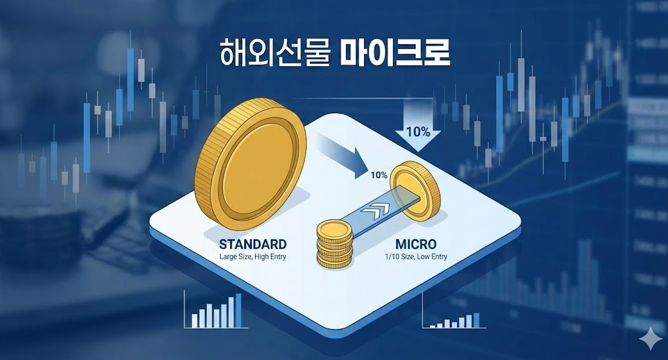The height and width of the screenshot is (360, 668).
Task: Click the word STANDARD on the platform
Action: [x=252, y=244]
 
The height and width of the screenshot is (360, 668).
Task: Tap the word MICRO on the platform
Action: [x=416, y=244]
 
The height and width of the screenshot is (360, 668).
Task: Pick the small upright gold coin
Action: [x=415, y=191]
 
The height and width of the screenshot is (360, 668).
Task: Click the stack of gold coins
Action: [x=335, y=244]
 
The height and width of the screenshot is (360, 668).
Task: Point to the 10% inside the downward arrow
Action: [x=418, y=132]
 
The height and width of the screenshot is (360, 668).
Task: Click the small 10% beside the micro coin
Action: [x=379, y=175]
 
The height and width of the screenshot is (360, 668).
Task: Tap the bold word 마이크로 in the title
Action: [x=395, y=52]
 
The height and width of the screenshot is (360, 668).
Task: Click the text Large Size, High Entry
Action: [x=252, y=257]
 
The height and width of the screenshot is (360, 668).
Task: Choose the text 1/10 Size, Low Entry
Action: [x=416, y=256]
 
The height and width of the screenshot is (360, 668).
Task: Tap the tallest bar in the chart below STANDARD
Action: [x=238, y=310]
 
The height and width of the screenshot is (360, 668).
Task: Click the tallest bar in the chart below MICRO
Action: [x=477, y=321]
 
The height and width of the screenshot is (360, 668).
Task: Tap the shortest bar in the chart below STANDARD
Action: [x=195, y=321]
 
